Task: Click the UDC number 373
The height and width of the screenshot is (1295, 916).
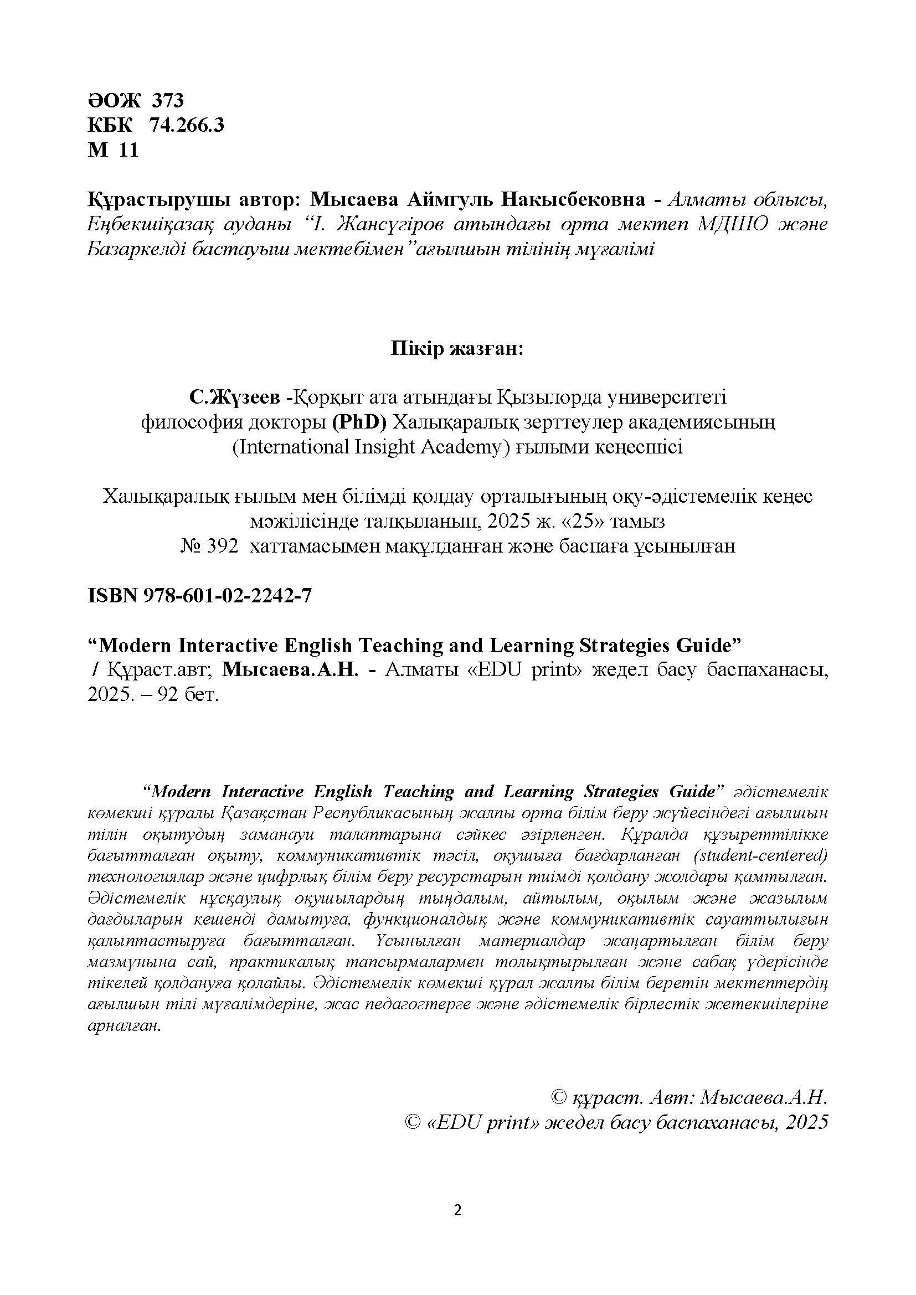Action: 167,100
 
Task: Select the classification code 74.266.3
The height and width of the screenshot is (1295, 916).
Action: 186,125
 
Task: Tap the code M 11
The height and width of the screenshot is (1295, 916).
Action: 113,150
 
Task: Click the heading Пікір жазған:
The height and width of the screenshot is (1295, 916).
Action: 457,349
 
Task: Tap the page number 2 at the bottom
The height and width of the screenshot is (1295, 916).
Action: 457,1210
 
